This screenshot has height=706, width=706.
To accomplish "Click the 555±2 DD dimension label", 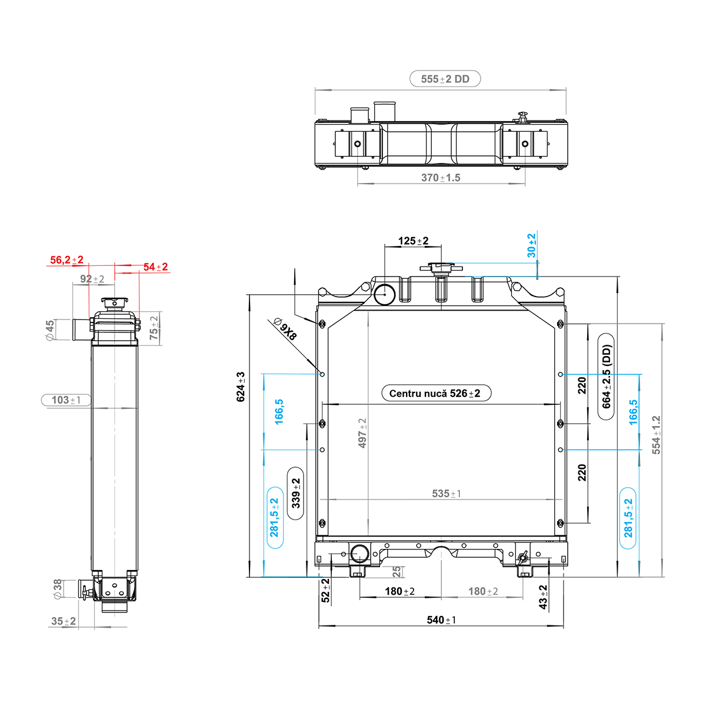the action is pyautogui.click(x=445, y=79).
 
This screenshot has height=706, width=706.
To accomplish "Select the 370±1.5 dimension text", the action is pyautogui.click(x=441, y=178).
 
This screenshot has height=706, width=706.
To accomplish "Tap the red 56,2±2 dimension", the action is pyautogui.click(x=66, y=260).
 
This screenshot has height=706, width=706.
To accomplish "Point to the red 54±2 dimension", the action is pyautogui.click(x=155, y=267).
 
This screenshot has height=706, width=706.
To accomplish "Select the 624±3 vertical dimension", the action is pyautogui.click(x=241, y=387).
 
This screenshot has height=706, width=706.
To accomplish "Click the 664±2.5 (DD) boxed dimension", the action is pyautogui.click(x=607, y=377).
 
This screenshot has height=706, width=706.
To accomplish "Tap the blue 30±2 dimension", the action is pyautogui.click(x=531, y=245).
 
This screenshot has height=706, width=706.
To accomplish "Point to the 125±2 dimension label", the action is pyautogui.click(x=413, y=241).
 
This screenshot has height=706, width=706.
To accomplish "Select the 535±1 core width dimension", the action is pyautogui.click(x=446, y=494).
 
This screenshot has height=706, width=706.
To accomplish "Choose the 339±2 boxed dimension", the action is pyautogui.click(x=295, y=493).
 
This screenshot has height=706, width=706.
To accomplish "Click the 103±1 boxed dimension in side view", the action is pyautogui.click(x=66, y=399).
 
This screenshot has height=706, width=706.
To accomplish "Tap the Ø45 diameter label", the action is pyautogui.click(x=50, y=331).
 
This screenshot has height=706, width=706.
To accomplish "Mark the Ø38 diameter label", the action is pyautogui.click(x=58, y=590).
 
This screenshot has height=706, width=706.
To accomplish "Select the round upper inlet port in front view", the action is pyautogui.click(x=384, y=294).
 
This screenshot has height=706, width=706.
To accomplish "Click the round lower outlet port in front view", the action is pyautogui.click(x=359, y=554).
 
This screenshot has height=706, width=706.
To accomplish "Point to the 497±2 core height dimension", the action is pyautogui.click(x=362, y=433).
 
